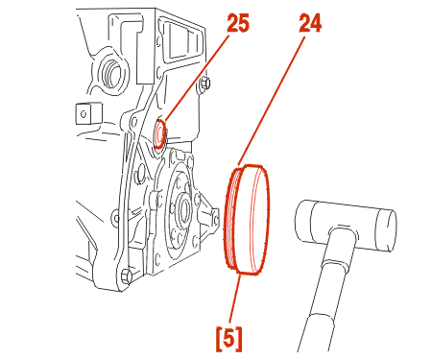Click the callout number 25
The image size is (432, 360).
click(238, 24)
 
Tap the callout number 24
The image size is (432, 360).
click(310, 24)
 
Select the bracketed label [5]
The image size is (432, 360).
click(228, 339)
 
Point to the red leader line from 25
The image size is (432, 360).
click(197, 78)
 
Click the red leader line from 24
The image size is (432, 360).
click(271, 101)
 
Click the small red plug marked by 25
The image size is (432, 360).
click(159, 133)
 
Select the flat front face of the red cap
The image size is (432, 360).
click(254, 220)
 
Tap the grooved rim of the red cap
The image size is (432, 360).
click(231, 219)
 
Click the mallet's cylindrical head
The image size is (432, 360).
click(346, 225)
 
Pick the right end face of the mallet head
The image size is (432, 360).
click(388, 229)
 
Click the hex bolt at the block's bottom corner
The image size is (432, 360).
click(127, 276)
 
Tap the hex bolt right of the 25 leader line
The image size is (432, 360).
click(204, 83)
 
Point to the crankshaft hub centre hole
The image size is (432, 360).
click(183, 210)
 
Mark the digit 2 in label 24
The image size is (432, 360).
click(304, 24)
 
